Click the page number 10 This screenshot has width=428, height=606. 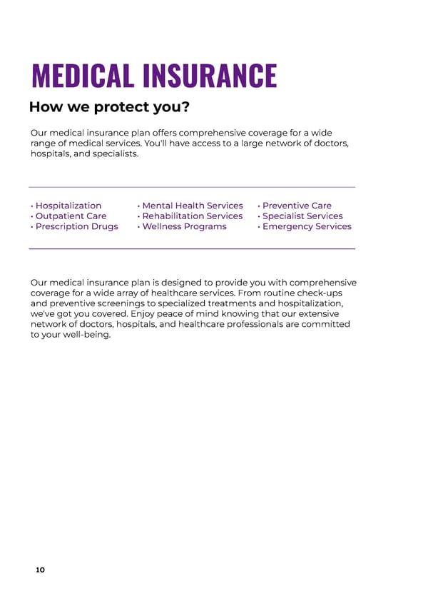[x=40, y=570]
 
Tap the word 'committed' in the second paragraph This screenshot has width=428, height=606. [x=325, y=324]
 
